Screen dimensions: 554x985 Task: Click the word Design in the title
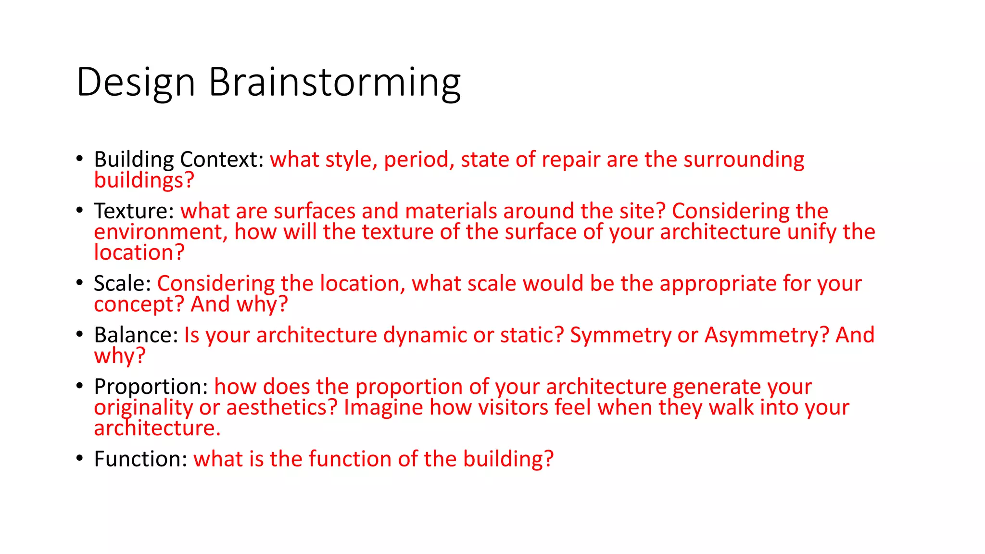[x=136, y=83]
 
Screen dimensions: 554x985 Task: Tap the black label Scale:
[x=123, y=283]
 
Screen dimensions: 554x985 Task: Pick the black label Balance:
[x=136, y=335]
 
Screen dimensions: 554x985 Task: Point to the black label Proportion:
[x=151, y=387]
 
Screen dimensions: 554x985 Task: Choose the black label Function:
[x=140, y=459]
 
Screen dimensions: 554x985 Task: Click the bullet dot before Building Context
[x=80, y=159]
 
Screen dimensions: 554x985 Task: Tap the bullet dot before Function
[x=80, y=458]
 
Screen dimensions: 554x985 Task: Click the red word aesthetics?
[x=282, y=408]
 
